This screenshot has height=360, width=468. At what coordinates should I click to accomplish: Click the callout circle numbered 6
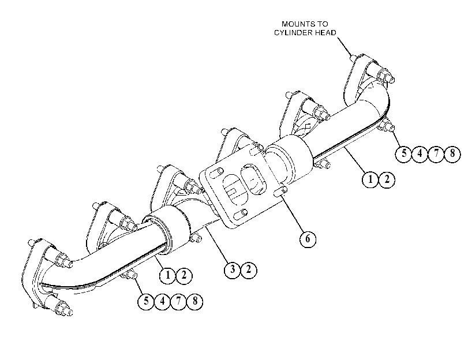tap(308, 239)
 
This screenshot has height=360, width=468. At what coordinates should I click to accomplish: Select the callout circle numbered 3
tap(232, 270)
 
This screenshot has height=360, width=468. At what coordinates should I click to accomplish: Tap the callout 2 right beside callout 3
tap(248, 270)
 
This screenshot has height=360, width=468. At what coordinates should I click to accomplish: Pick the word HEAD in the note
tap(326, 32)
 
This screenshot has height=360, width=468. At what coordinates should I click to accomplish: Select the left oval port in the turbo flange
tap(235, 189)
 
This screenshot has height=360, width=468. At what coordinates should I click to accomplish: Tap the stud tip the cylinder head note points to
tap(353, 57)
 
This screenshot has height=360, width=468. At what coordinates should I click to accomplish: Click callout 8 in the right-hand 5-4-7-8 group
tap(452, 153)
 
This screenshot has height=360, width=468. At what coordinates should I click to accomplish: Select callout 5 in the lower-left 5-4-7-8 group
tap(146, 301)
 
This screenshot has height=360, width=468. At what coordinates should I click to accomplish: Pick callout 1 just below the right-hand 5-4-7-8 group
tap(370, 179)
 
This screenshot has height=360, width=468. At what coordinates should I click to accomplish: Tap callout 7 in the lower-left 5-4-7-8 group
tap(178, 301)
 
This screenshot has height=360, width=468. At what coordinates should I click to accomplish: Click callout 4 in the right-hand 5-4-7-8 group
tap(420, 153)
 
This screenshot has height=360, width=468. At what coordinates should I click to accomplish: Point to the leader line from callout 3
tap(217, 245)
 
